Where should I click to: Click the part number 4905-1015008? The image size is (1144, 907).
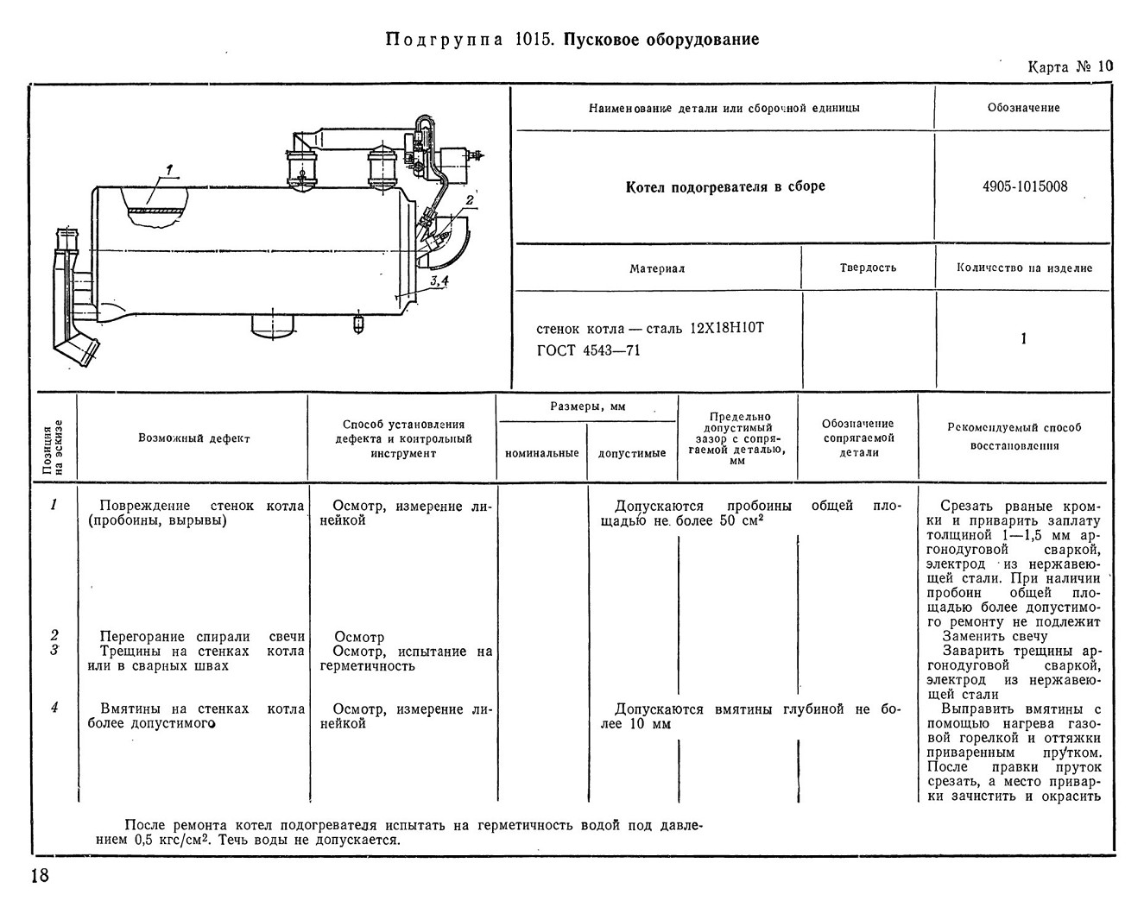click(x=1024, y=186)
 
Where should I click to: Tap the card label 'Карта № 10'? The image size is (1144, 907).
click(x=1070, y=67)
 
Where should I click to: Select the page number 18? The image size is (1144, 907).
click(x=41, y=875)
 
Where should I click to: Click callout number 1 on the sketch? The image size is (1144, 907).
click(x=169, y=170)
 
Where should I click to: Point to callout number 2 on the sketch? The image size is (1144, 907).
click(x=470, y=200)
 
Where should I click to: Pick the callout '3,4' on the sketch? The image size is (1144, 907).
click(x=439, y=280)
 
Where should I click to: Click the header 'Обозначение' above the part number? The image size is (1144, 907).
click(x=1023, y=108)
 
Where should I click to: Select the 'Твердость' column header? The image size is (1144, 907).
click(x=868, y=268)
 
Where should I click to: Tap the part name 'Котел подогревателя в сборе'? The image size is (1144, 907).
click(x=725, y=187)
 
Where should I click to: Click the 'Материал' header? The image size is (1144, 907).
click(x=657, y=269)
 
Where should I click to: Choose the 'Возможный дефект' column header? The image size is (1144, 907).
click(x=194, y=438)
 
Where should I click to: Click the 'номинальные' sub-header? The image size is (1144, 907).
click(x=541, y=453)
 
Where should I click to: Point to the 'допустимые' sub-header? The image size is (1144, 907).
click(x=632, y=453)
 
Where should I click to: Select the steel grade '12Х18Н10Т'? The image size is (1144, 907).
click(x=727, y=328)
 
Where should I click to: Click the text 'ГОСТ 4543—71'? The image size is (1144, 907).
click(x=589, y=350)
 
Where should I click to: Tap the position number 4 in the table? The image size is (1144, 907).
click(x=54, y=708)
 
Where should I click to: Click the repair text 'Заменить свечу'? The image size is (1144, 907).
click(x=995, y=636)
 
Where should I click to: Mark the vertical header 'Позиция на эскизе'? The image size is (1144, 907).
click(x=54, y=447)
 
